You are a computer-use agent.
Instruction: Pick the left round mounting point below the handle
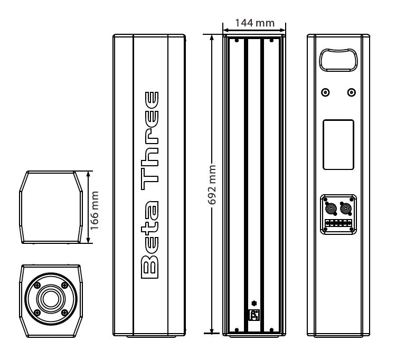pyautogui.click(x=326, y=93)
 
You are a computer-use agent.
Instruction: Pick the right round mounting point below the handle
pyautogui.click(x=352, y=93)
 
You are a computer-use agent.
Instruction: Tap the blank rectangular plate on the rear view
pyautogui.click(x=338, y=145)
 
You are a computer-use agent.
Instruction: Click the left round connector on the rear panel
pyautogui.click(x=331, y=209)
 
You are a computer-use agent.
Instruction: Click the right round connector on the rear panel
pyautogui.click(x=346, y=209)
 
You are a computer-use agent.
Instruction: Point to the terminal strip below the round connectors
pyautogui.click(x=338, y=224)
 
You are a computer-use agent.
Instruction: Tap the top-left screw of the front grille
pyautogui.click(x=237, y=40)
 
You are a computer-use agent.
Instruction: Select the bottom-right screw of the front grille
pyautogui.click(x=271, y=330)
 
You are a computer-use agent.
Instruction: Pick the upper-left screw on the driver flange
pyautogui.click(x=36, y=284)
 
